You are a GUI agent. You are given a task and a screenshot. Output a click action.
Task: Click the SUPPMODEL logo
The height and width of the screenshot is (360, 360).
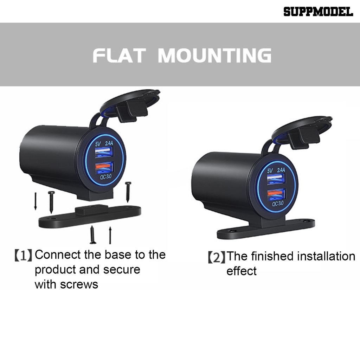tap(318, 12)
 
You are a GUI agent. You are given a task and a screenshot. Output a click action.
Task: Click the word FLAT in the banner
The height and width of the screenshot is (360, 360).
tap(119, 56)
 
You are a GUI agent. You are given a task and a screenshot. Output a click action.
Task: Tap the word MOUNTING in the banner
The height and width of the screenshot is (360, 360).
tap(214, 56)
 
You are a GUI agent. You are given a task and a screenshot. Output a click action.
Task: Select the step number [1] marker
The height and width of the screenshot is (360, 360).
tap(23, 255)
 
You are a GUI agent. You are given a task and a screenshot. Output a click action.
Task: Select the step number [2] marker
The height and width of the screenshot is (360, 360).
tap(216, 257)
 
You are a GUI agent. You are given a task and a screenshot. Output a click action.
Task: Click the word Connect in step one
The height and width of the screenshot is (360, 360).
tap(58, 254)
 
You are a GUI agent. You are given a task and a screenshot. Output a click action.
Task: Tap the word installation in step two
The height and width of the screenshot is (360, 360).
tap(326, 256)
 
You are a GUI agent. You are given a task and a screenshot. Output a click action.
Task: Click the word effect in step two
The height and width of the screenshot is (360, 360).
tap(242, 271)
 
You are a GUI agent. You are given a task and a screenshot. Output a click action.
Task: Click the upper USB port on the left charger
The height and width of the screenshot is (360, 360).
tap(104, 152)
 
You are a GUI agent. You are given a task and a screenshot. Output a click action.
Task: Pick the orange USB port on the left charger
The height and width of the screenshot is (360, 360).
tap(104, 167)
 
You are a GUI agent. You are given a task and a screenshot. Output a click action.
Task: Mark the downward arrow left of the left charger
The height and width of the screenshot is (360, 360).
tap(36, 200)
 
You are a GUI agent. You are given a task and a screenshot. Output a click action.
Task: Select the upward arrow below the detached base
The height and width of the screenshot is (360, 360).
tap(110, 235)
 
